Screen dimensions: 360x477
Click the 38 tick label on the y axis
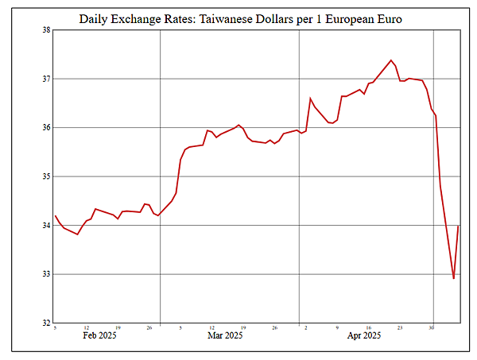click(x=46, y=30)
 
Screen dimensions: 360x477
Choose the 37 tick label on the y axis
click(x=46, y=79)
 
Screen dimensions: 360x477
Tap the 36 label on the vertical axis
click(x=46, y=128)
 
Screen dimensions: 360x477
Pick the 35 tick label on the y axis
click(x=46, y=177)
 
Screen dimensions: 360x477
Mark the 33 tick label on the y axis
click(x=46, y=275)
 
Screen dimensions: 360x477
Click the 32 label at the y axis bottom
click(x=46, y=323)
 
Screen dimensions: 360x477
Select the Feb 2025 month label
click(x=100, y=336)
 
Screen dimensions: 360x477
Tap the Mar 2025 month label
click(x=225, y=336)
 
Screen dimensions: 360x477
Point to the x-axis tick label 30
click(x=432, y=327)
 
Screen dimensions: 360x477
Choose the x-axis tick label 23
click(x=400, y=327)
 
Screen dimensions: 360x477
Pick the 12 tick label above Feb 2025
click(x=86, y=327)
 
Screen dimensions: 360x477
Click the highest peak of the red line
click(x=391, y=60)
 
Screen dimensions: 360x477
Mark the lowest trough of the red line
click(x=454, y=279)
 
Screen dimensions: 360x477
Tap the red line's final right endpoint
click(x=459, y=226)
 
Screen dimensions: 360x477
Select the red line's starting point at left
click(x=55, y=215)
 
